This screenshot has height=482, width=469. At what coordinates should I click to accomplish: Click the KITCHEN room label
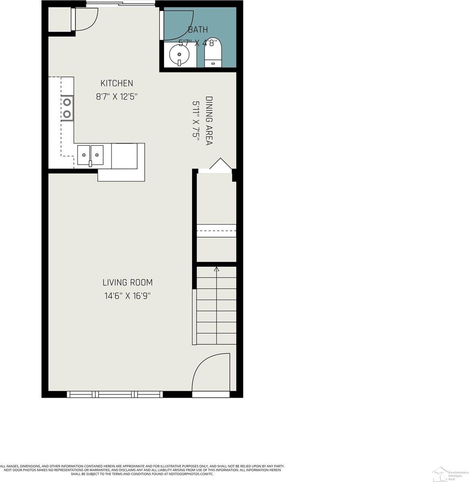point(117,83)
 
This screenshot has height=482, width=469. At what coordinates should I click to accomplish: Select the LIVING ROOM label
point(128,282)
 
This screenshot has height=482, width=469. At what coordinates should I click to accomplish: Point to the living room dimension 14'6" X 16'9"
point(128,296)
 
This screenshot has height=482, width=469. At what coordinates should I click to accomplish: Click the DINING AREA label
point(209,120)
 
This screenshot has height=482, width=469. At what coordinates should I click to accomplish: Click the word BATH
point(198,29)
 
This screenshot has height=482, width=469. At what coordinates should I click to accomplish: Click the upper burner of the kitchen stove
point(67,102)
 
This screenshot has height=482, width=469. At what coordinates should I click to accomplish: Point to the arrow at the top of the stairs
point(217,269)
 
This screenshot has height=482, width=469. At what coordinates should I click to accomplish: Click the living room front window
point(115,394)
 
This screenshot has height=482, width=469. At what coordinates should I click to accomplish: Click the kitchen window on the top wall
point(121,4)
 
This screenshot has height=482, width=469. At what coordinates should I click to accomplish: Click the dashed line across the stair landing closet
point(216,231)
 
